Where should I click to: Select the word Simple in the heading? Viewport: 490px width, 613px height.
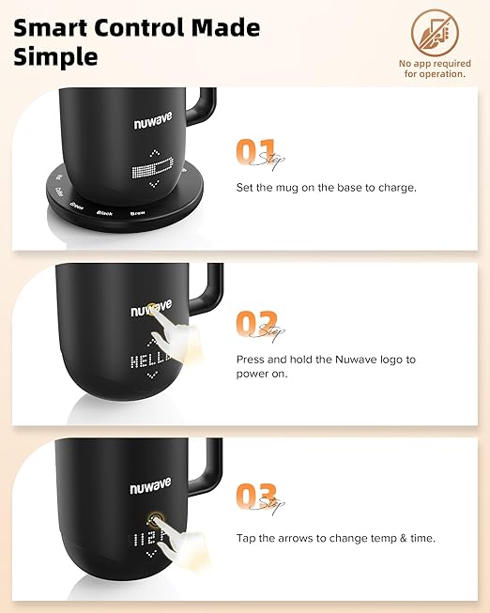55,56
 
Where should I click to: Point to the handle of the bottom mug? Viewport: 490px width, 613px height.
213,467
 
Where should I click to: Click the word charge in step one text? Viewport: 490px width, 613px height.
382,187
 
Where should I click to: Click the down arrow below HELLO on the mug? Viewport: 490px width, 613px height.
152,376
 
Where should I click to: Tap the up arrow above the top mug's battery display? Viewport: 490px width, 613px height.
154,156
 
